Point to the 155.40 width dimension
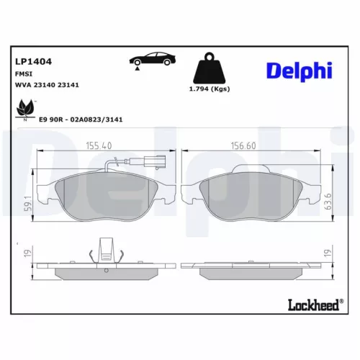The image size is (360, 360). pos(105,145)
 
